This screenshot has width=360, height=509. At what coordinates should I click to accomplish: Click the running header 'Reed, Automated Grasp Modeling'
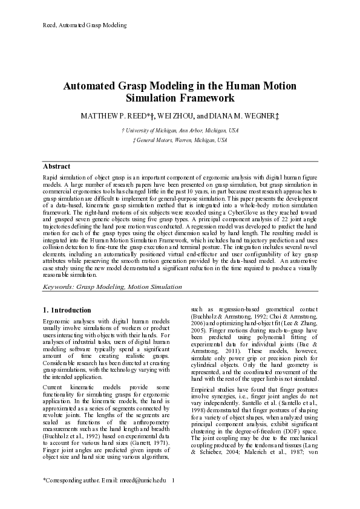coord(84,25)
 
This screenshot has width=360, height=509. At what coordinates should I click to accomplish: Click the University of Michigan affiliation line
coord(180,130)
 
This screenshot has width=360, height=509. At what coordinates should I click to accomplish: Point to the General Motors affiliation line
coord(180,140)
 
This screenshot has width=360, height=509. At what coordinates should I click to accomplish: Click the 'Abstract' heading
coord(57,166)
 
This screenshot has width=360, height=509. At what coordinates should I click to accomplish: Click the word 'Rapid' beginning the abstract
coord(51,175)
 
